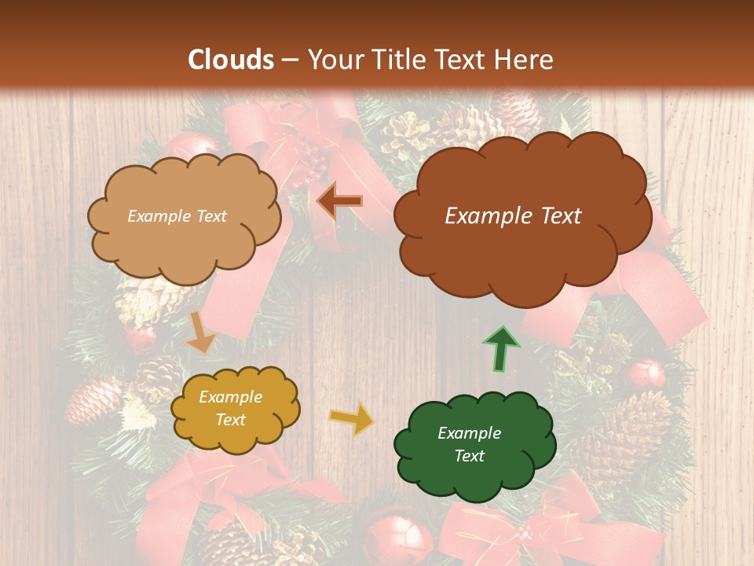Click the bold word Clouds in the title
pos(231,60)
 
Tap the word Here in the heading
pos(526,60)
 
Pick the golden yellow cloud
pos(234,409)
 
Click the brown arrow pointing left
pos(339,200)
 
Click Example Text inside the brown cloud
pos(513,216)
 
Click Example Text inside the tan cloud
pos(177,216)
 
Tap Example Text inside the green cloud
pos(469,444)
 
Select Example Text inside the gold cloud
pos(230,409)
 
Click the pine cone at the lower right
pos(628,428)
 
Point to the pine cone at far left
pos(92,401)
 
